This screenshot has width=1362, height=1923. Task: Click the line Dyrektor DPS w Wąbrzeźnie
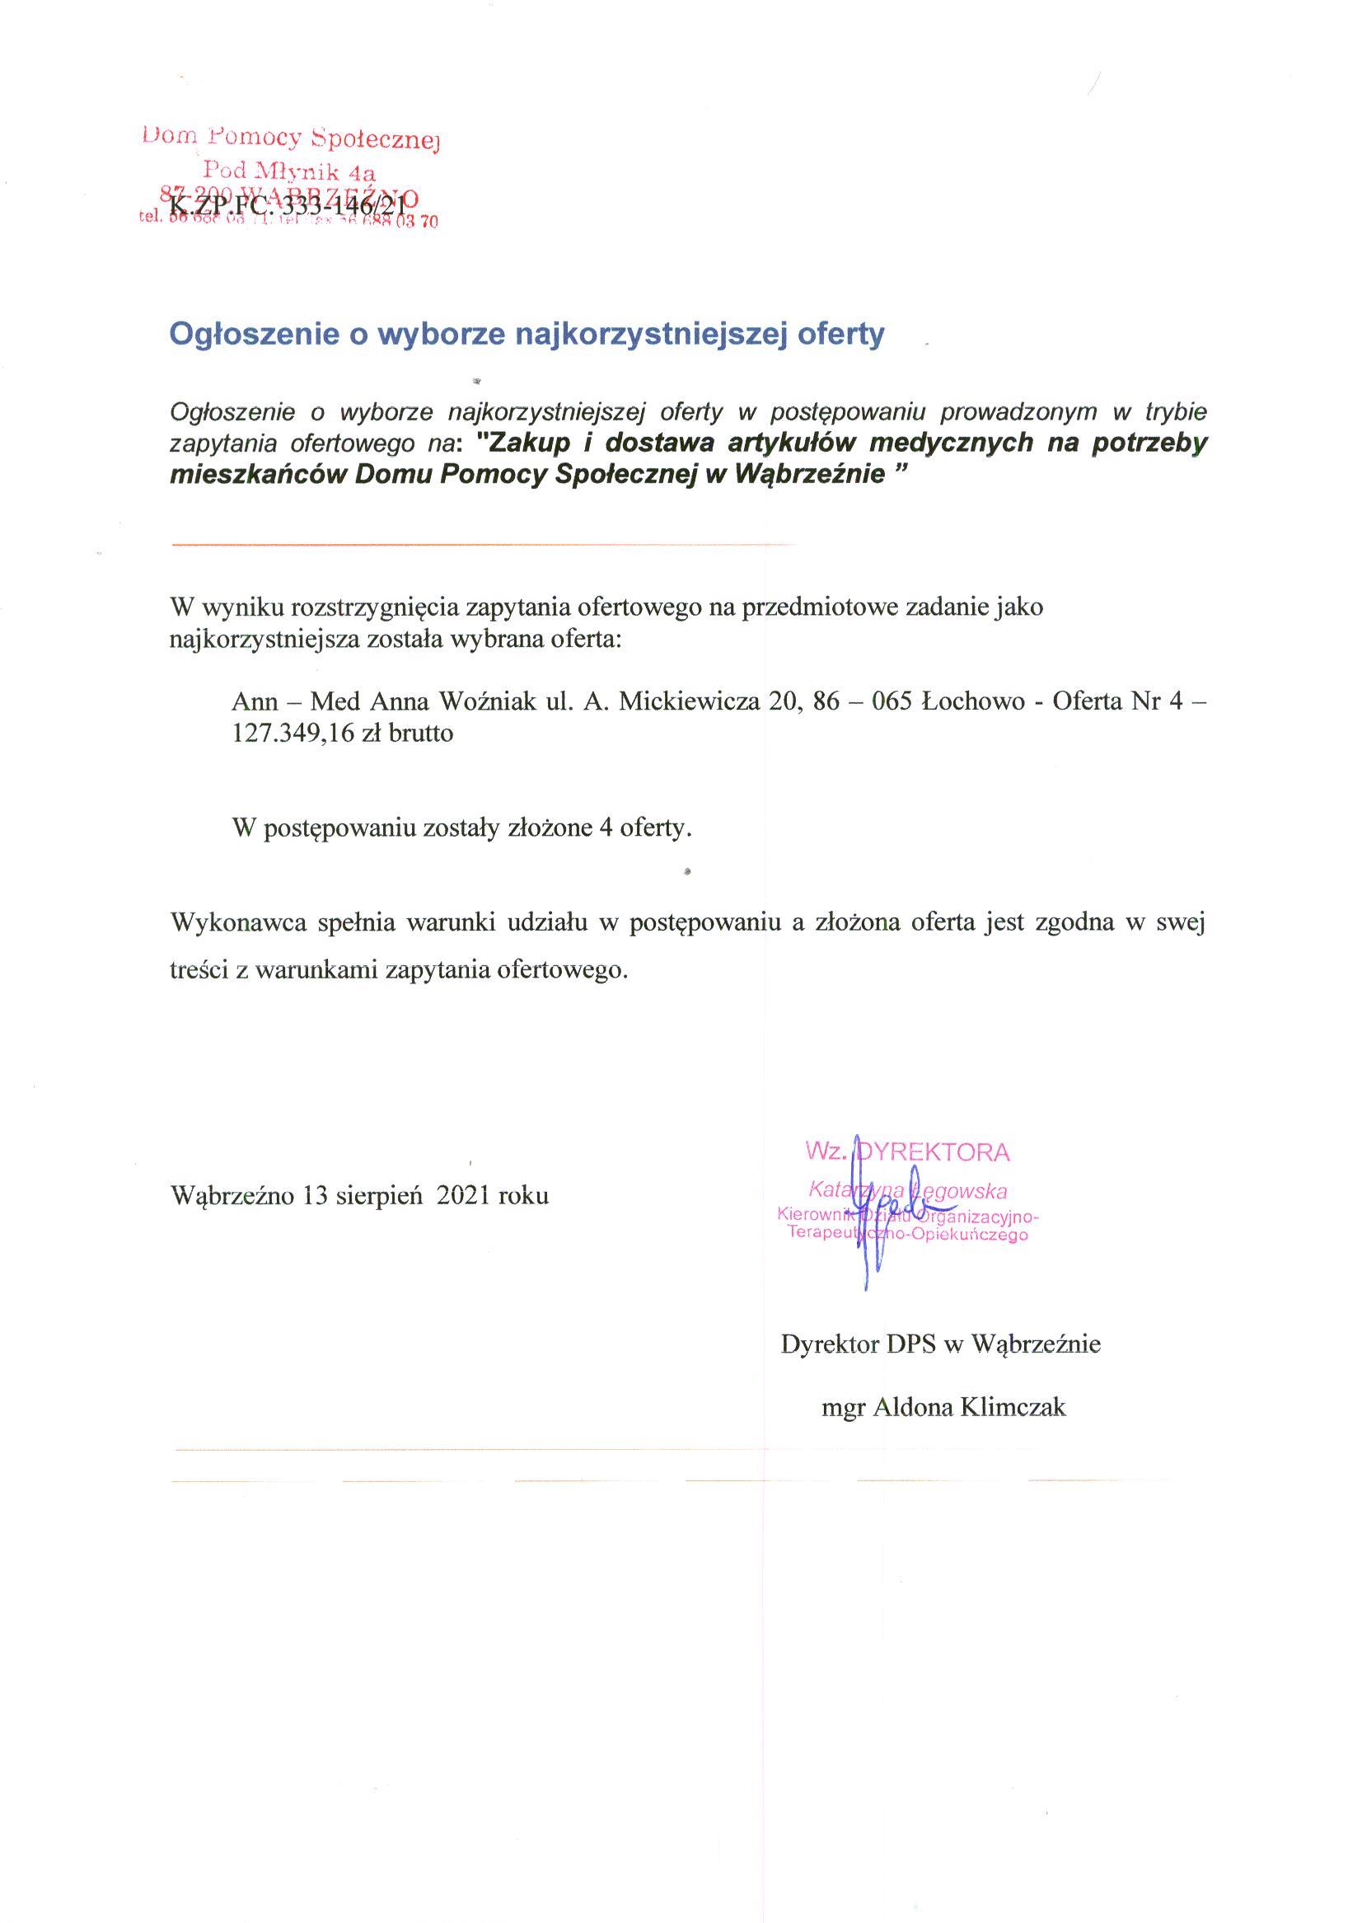(940, 1344)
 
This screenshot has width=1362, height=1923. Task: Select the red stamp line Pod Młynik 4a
(291, 171)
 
